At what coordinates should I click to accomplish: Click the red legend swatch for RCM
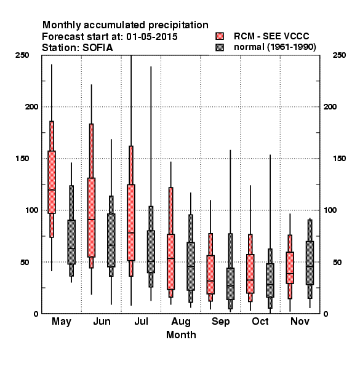[220, 36]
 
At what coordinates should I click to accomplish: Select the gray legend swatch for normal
[220, 47]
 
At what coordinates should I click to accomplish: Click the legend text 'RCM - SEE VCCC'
[271, 36]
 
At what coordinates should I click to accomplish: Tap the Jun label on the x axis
[102, 322]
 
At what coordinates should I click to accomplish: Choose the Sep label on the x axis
[220, 322]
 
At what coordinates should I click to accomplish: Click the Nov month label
[300, 321]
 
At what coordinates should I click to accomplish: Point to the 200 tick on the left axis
[31, 106]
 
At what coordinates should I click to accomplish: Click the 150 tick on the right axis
[339, 159]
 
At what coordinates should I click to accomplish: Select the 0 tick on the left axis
[36, 314]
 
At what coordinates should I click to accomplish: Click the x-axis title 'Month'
[181, 335]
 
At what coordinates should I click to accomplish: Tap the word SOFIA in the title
[97, 48]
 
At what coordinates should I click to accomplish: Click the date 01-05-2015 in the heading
[152, 37]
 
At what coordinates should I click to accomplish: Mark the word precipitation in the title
[178, 25]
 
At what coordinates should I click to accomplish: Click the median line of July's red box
[131, 232]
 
